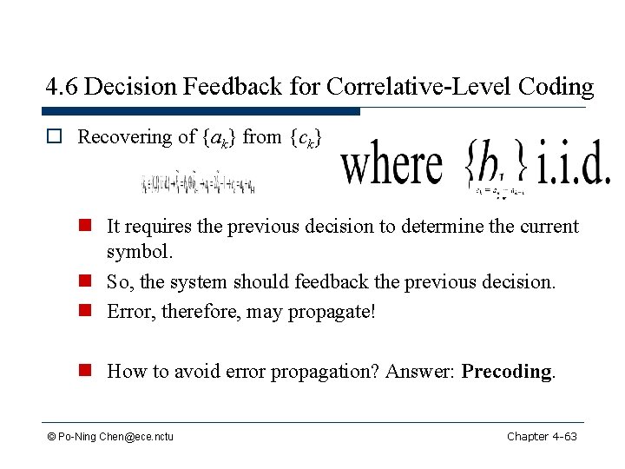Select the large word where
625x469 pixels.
(392, 165)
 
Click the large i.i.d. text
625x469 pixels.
(574, 166)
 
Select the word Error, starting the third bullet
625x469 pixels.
(128, 310)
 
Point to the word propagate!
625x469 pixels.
(332, 310)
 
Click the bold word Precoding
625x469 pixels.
(507, 372)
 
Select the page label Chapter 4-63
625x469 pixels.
(542, 435)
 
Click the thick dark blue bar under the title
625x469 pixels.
(203, 111)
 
